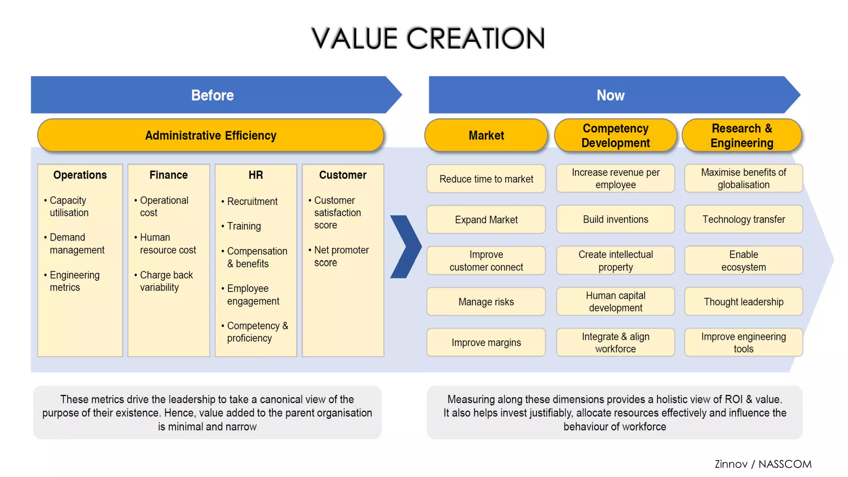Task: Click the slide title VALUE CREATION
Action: (x=428, y=38)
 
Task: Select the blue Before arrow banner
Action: (x=212, y=95)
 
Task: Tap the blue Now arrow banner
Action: (x=610, y=95)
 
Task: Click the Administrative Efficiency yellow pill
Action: (x=210, y=135)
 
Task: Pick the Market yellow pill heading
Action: (x=486, y=135)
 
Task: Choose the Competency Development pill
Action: (x=615, y=135)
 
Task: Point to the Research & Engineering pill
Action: (x=742, y=135)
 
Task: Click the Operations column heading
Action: (x=80, y=175)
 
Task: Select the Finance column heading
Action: (x=169, y=175)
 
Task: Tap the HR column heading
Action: (x=255, y=175)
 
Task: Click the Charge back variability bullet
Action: (x=166, y=281)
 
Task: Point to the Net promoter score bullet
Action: (x=341, y=256)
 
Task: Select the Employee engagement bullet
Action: (x=253, y=295)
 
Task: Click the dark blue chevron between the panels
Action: (x=405, y=247)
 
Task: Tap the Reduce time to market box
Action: (x=486, y=179)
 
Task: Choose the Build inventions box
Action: (x=615, y=219)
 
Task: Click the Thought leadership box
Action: (x=743, y=302)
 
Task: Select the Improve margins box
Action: (x=486, y=342)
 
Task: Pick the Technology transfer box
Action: (x=743, y=219)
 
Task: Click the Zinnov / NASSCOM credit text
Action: (x=763, y=464)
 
